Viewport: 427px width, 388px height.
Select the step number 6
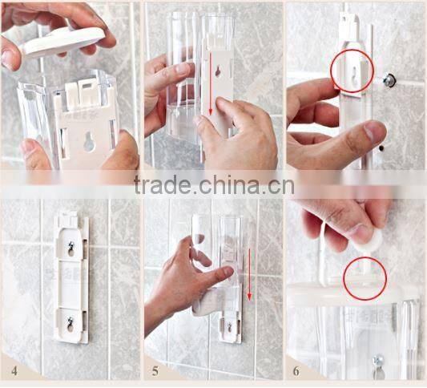(x=296, y=371)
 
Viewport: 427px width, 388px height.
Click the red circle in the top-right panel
(x=352, y=71)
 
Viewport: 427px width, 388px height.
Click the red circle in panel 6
(x=365, y=279)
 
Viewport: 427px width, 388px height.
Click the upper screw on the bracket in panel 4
(x=71, y=249)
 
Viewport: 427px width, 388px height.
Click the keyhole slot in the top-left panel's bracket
(x=89, y=143)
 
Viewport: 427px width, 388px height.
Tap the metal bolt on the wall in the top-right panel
(x=389, y=80)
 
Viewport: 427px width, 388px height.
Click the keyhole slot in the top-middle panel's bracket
(x=217, y=71)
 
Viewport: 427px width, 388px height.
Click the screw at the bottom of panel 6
(x=377, y=362)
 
